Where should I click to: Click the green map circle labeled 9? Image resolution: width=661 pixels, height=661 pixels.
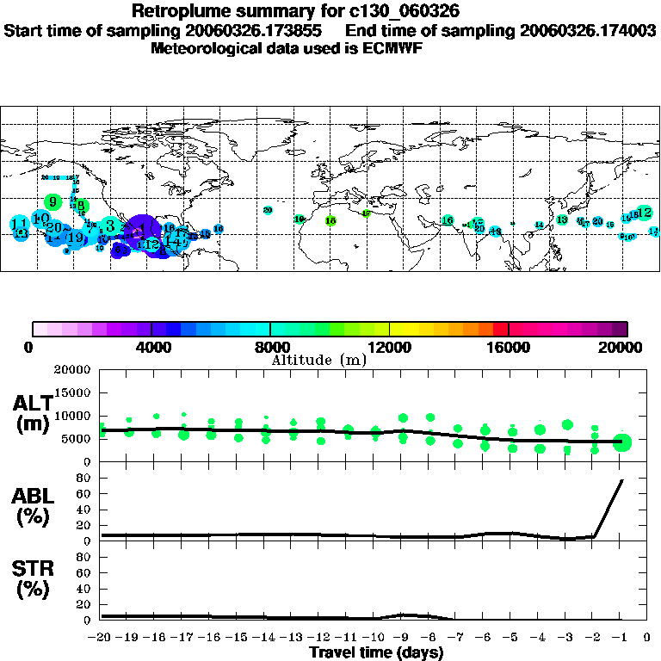53,202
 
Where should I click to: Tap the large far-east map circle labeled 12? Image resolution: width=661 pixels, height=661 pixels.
643,213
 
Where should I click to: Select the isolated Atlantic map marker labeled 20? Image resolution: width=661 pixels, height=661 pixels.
268,210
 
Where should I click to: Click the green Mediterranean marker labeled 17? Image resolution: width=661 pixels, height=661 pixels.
367,213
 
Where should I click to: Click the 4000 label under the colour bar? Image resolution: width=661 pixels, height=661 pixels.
151,348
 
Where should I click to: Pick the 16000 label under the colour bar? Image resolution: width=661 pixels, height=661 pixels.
508,348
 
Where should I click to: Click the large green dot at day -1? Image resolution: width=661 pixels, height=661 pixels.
622,442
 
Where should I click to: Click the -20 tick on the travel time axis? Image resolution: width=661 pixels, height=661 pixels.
101,639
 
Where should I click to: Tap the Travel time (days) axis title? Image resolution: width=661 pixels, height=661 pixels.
376,653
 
